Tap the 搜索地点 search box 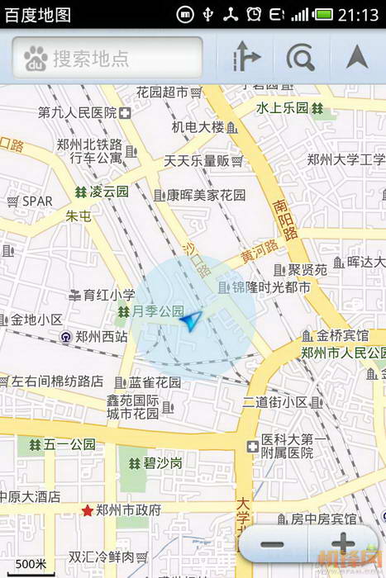click(x=107, y=58)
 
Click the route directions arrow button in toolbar click(x=245, y=58)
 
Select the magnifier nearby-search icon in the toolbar click(x=300, y=58)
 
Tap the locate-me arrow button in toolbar click(x=357, y=57)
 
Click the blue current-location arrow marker click(x=191, y=320)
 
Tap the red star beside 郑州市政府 click(x=86, y=510)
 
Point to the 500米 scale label click(x=31, y=563)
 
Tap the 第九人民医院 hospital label click(x=77, y=112)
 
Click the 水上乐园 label click(x=282, y=108)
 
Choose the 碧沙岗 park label click(x=164, y=463)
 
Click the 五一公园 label click(x=69, y=445)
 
